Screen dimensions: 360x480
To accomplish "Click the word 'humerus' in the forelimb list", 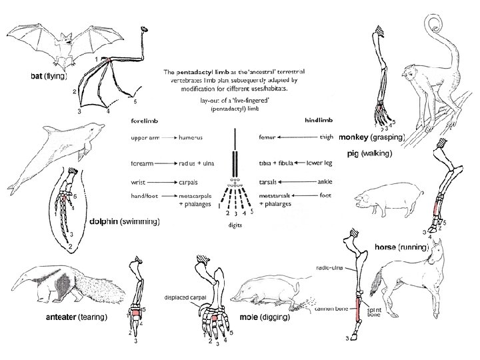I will coord(191,138).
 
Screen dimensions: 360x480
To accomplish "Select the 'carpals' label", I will coord(191,181).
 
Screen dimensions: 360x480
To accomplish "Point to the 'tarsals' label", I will coord(268,181).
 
